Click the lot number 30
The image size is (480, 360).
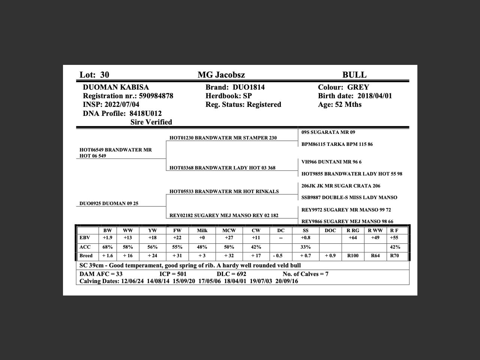tap(105, 75)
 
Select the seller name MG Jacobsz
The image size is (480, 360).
tap(221, 75)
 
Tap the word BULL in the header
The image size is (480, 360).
tap(354, 75)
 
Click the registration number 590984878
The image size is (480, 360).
tap(156, 96)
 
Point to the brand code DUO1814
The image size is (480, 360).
tap(249, 87)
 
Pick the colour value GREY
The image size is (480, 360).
tap(358, 87)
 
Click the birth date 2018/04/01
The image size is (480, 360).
tap(375, 96)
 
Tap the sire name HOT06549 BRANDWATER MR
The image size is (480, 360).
tap(115, 150)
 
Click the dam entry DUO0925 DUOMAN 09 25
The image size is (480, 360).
tap(109, 204)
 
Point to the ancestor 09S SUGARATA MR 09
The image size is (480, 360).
tap(328, 132)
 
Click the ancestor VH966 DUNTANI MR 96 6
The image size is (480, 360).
tap(331, 162)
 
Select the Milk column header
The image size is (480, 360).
tap(202, 231)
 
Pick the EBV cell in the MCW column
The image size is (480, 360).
tap(229, 238)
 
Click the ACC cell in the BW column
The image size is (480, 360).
tap(108, 247)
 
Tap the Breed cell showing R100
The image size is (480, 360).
tap(353, 256)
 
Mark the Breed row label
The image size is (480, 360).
tap(86, 256)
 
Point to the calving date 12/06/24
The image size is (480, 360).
tap(132, 281)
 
